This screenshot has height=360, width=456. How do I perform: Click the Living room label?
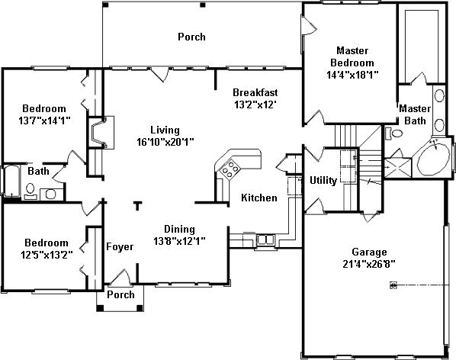point(165,130)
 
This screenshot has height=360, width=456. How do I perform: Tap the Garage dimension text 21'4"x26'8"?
point(369,264)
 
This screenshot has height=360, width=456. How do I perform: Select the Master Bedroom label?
point(352,56)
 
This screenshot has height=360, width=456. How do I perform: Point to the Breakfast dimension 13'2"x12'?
point(255,104)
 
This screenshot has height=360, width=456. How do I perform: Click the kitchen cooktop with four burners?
point(230,169)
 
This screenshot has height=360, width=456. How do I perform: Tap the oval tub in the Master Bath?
point(434,159)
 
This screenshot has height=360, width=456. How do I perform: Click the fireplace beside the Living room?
point(101,132)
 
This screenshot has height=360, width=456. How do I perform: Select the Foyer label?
point(120,246)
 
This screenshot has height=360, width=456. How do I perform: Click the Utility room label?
point(323,180)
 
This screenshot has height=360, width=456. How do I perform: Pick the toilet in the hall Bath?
point(31,191)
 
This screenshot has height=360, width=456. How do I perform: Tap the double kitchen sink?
point(265,240)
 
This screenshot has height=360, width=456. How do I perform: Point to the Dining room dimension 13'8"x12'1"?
point(179,241)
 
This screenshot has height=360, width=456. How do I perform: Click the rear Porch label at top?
point(191,37)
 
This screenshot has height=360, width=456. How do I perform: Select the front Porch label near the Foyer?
point(120,294)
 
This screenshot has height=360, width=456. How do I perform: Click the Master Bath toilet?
point(393,133)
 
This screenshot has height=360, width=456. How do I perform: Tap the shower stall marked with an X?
point(398,168)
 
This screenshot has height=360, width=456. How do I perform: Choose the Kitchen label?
point(259,198)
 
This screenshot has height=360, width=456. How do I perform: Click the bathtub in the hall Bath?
point(11,181)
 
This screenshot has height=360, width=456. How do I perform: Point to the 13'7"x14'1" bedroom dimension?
point(45,121)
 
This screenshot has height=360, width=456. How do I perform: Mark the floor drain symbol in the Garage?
point(393,285)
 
